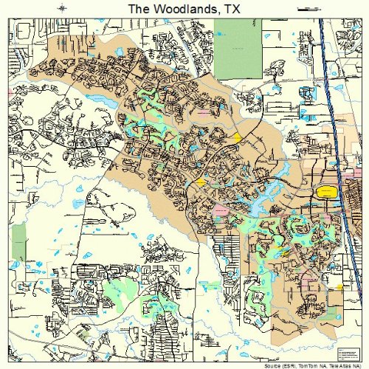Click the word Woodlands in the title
186,8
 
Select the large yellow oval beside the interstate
325,192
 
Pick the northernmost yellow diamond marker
237,137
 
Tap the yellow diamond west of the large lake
199,182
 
